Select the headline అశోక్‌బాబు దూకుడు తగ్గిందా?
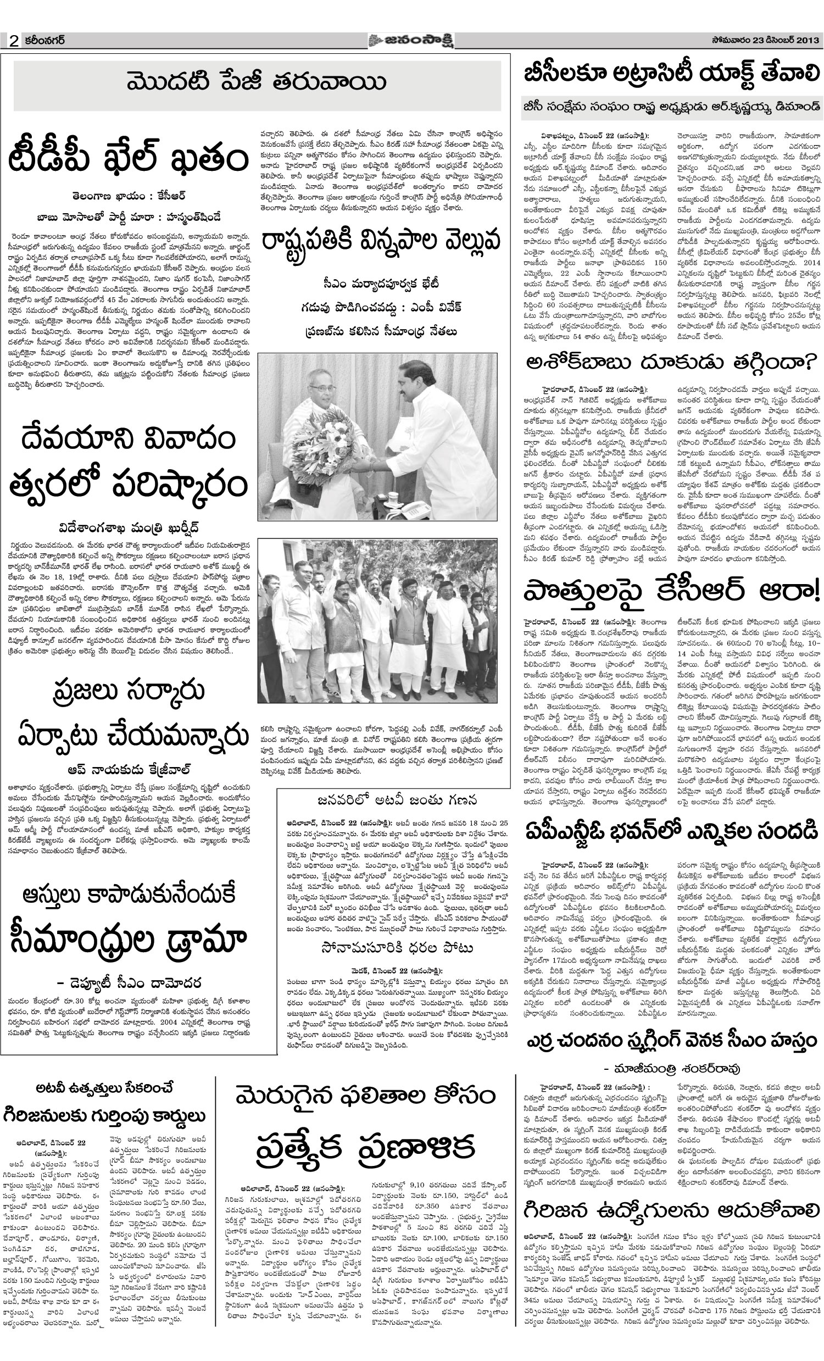(671, 362)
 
